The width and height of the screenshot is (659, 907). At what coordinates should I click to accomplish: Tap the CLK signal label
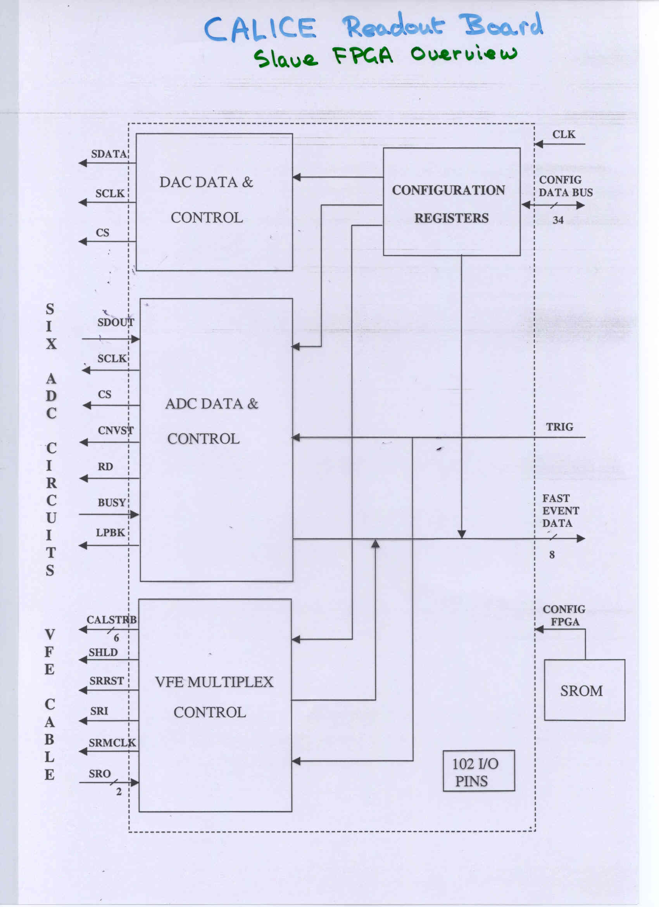564,135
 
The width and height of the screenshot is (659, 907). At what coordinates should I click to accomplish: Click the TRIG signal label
559,427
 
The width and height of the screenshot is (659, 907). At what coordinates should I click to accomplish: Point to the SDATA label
109,154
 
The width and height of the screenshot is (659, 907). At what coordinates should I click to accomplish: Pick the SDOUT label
116,322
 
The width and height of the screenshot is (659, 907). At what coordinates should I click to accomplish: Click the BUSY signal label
112,502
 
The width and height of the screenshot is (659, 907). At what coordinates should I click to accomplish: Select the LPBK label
110,533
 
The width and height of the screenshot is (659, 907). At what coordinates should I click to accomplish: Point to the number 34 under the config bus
558,220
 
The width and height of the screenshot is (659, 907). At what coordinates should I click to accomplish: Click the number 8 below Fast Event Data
552,555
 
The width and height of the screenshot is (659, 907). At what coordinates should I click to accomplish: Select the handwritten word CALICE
260,29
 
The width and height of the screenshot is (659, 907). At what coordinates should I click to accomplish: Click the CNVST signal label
116,430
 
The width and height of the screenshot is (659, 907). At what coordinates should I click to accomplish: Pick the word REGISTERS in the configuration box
452,218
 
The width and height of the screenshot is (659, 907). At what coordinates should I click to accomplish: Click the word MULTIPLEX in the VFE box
230,682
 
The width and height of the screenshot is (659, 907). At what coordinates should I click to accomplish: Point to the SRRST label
106,681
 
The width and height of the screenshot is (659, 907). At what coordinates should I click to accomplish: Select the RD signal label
105,466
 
